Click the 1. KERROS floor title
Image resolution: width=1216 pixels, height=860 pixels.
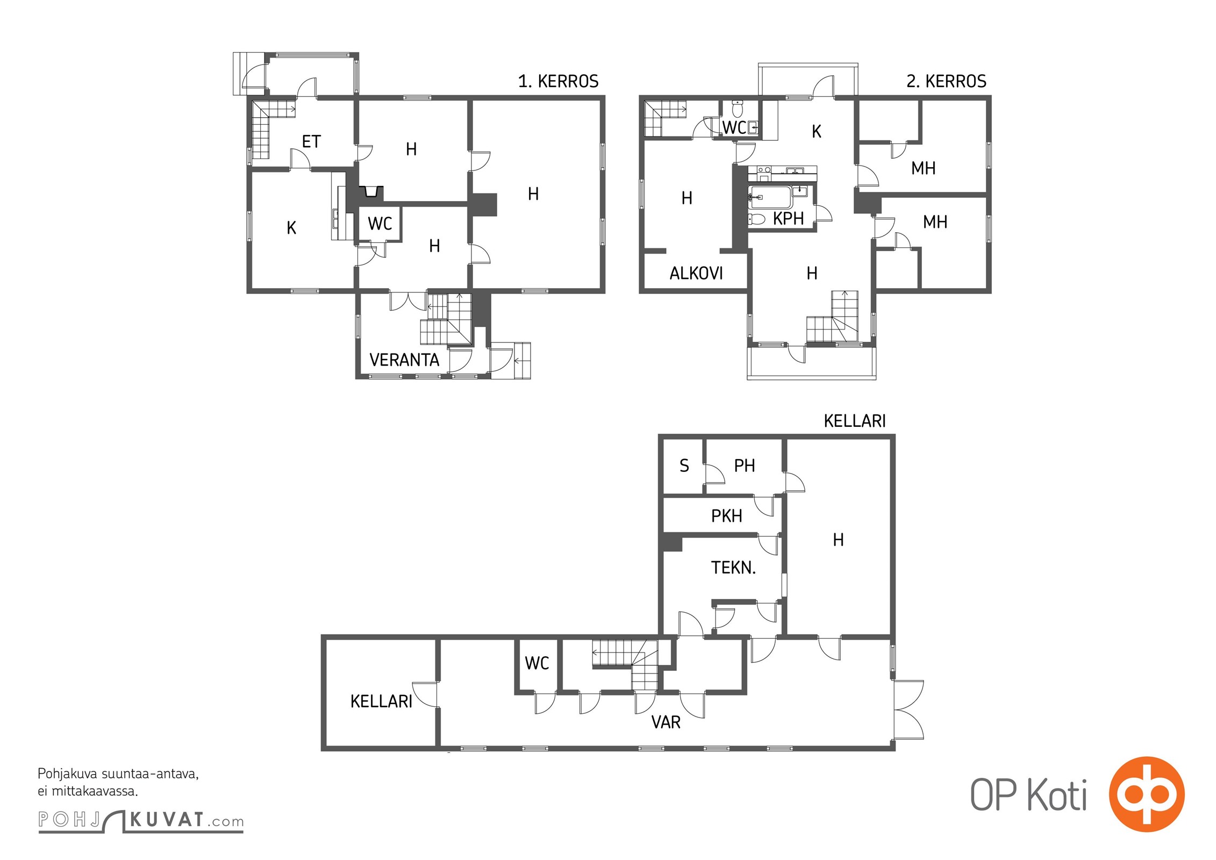click(558, 81)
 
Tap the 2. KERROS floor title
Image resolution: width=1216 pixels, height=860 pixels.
click(946, 81)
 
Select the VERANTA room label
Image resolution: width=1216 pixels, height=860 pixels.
click(404, 360)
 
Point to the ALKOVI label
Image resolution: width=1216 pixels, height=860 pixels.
click(696, 273)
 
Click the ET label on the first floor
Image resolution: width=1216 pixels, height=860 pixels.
click(311, 141)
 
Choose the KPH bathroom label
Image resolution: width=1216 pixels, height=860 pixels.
click(788, 218)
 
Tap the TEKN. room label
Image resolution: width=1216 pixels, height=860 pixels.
click(733, 567)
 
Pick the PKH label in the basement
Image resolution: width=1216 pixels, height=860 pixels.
click(726, 515)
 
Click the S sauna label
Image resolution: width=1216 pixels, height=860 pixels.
click(684, 465)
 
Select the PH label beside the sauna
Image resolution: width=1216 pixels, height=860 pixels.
click(745, 465)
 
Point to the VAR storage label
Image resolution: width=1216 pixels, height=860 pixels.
click(666, 722)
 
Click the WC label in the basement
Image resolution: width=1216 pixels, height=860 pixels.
click(537, 663)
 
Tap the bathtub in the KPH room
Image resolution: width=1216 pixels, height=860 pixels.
click(770, 198)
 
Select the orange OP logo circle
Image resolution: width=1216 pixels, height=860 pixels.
click(1147, 793)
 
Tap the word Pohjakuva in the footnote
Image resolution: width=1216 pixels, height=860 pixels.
click(67, 774)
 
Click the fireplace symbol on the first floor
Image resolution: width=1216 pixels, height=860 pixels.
click(371, 192)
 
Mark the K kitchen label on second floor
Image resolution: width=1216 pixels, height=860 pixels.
click(816, 131)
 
